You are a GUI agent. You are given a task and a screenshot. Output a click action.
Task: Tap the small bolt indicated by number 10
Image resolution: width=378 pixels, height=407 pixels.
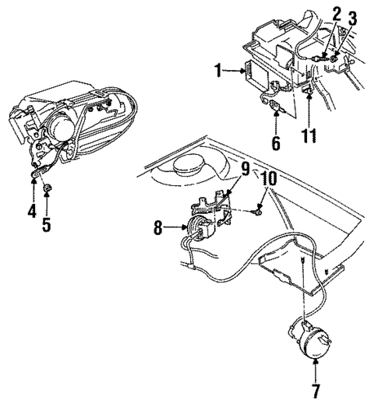257,210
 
